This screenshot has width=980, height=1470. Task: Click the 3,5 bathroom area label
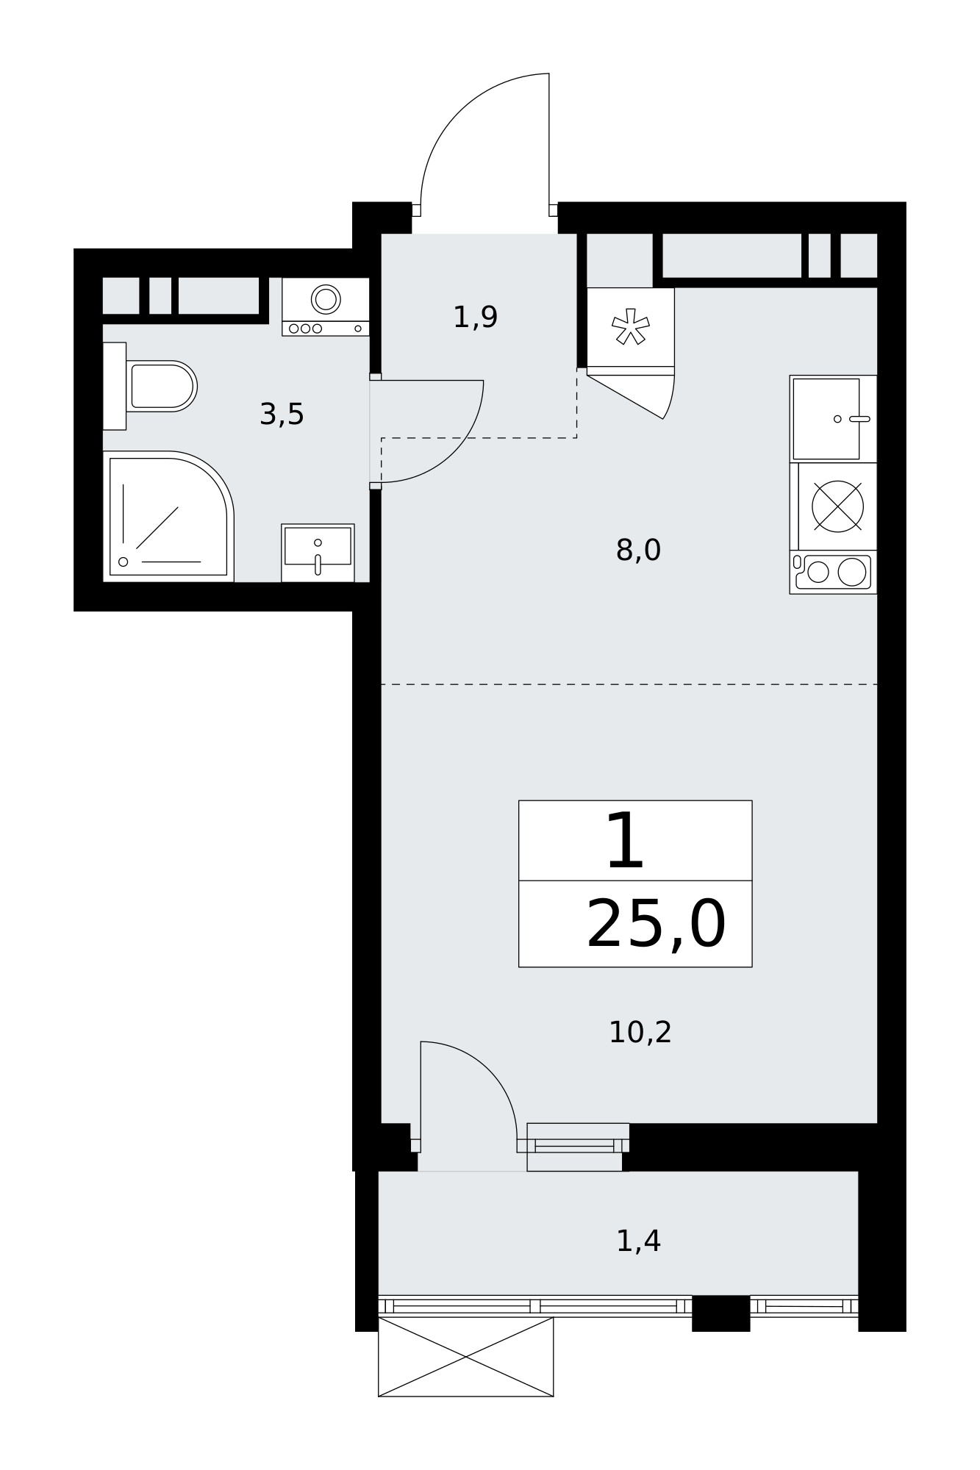tap(282, 415)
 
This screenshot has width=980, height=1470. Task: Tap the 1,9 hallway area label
tap(476, 318)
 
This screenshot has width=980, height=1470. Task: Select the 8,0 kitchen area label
tap(638, 550)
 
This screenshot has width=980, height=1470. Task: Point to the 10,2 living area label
tap(640, 1033)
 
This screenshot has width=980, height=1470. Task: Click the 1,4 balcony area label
tap(638, 1241)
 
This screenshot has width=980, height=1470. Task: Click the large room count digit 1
tap(626, 841)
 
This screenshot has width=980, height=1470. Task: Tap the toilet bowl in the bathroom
tap(162, 386)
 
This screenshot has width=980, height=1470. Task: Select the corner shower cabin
tap(168, 517)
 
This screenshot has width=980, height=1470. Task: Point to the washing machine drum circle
tap(326, 299)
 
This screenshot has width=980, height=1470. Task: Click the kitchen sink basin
tap(826, 419)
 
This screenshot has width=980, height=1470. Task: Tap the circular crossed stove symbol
tap(837, 506)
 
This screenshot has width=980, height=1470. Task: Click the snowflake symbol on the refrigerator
tap(631, 326)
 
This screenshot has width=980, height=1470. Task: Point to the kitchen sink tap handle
tap(859, 419)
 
